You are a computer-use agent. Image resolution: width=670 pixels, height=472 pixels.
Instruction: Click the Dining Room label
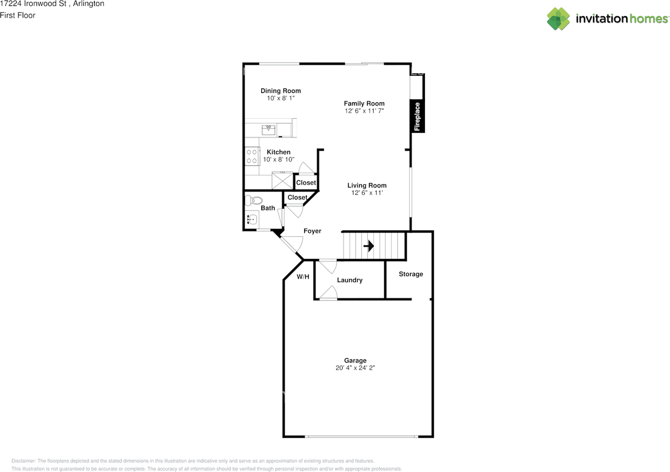(x=281, y=91)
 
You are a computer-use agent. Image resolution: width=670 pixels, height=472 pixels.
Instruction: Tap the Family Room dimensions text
(x=364, y=111)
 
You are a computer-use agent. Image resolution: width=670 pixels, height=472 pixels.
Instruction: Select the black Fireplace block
(x=418, y=116)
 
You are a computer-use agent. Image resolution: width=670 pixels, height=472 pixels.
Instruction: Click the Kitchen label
(x=278, y=152)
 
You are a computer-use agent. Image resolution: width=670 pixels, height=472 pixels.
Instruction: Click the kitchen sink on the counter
(x=270, y=129)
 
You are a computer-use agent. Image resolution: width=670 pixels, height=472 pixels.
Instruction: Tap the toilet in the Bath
(x=255, y=200)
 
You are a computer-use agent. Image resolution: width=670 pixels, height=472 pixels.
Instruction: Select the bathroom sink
(x=252, y=220)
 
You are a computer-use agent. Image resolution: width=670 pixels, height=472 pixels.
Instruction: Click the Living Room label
(x=367, y=186)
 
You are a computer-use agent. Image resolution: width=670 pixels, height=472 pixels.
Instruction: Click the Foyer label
(x=312, y=231)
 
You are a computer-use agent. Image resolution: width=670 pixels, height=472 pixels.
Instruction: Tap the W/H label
(x=303, y=277)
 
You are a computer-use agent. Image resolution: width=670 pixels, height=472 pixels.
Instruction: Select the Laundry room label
(x=350, y=280)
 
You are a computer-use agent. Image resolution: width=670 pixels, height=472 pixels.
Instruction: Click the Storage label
(x=411, y=274)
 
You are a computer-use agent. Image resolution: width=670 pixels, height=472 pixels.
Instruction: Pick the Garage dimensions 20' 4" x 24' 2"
(x=355, y=368)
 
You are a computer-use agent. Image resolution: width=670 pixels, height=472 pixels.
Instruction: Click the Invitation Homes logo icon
(x=559, y=19)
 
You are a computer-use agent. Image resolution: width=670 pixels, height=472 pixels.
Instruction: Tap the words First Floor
(x=18, y=15)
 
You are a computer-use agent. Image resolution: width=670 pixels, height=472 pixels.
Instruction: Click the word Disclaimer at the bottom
(x=24, y=461)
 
